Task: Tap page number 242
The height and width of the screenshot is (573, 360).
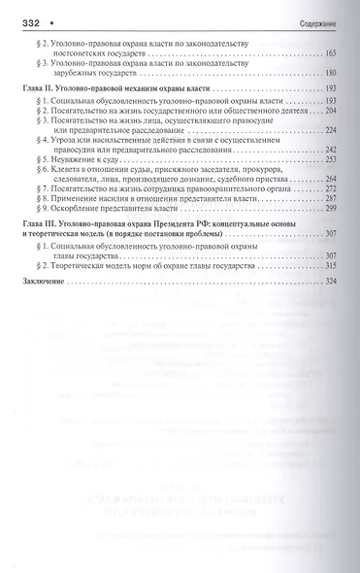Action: click(330, 162)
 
